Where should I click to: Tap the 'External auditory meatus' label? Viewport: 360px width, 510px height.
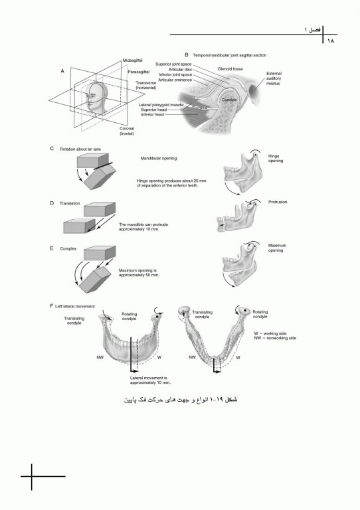click(x=274, y=78)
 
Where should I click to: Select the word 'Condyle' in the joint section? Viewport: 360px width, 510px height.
click(x=229, y=100)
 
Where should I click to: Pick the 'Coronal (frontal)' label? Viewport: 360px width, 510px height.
click(x=126, y=131)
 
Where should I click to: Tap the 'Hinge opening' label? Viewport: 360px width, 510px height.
click(x=274, y=159)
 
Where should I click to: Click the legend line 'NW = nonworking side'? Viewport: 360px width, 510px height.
click(x=275, y=337)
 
